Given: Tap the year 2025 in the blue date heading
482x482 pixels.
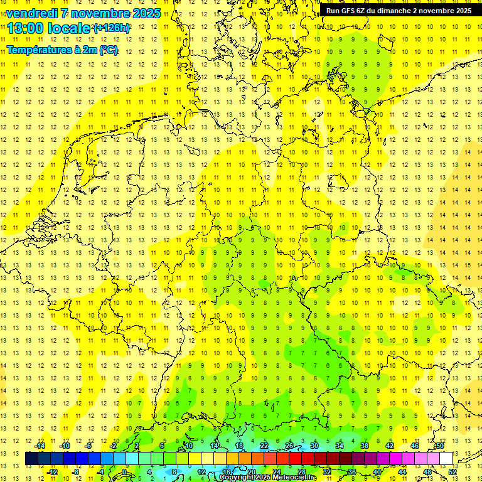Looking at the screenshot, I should point(144,13).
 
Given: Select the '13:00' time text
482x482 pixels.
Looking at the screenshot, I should point(25,28).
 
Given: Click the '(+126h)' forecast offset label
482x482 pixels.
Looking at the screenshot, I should point(112,28).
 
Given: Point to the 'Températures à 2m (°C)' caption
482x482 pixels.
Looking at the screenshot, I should point(62,50).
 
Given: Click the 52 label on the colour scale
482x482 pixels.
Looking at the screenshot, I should point(453,471).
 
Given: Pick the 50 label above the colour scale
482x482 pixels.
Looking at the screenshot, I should point(440,446).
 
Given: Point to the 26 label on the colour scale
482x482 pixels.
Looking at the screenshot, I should point(289,446).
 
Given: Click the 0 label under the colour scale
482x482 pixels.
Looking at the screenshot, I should point(124,471).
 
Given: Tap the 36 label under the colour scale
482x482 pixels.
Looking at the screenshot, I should point(352,471).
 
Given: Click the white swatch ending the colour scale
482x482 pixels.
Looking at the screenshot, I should point(446,459).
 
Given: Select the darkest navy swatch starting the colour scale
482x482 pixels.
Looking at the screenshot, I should point(32,459).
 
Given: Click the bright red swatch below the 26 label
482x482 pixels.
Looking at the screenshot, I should point(295,459).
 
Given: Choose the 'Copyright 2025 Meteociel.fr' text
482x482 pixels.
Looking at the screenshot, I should point(267,478).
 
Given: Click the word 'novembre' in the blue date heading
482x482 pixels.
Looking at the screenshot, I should point(99,13).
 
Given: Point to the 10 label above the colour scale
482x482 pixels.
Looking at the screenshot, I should point(189,446).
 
